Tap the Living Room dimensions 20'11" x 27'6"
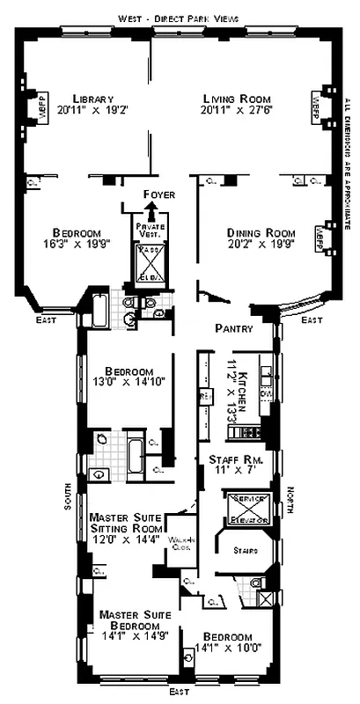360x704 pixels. (236, 111)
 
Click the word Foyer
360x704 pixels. (158, 194)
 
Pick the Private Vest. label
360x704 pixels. (151, 231)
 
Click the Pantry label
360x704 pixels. (234, 328)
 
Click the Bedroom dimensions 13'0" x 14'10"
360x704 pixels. (130, 384)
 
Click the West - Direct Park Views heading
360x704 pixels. (178, 18)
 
